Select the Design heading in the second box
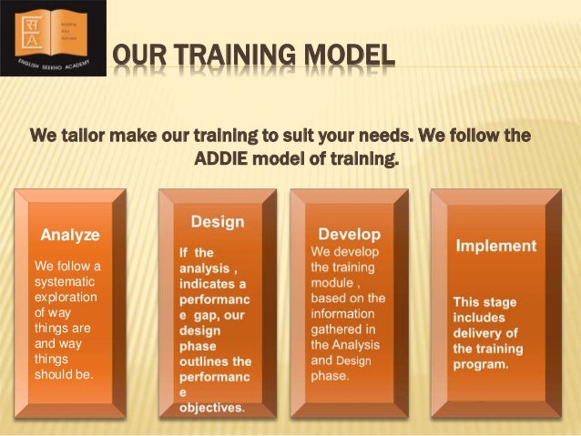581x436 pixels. [x=217, y=221]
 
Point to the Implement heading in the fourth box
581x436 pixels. [x=496, y=246]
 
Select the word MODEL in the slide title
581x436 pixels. [x=349, y=62]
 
